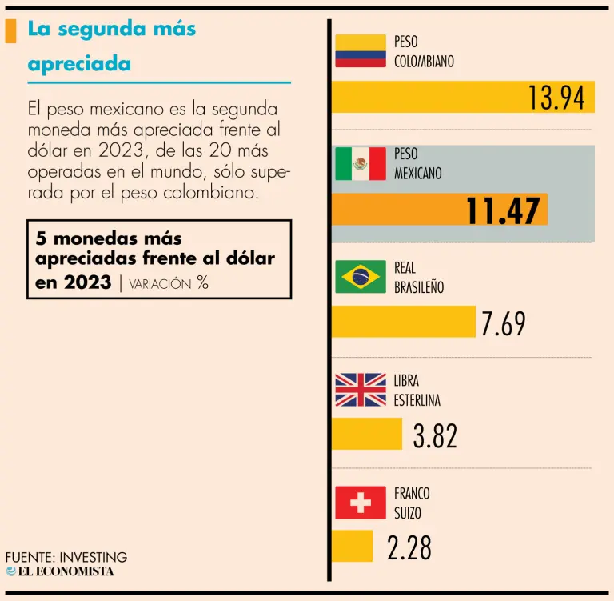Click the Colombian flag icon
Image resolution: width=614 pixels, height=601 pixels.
coord(361,51)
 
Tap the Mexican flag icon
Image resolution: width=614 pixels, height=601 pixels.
coord(361,164)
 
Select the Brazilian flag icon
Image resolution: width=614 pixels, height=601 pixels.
coord(361,277)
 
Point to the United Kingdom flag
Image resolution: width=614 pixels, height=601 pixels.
coord(361,390)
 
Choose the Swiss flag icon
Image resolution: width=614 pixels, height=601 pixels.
coord(361,503)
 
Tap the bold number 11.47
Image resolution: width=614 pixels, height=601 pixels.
coord(503,211)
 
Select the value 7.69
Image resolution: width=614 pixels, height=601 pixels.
coord(503,323)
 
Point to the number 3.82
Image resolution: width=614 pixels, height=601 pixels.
coord(435,436)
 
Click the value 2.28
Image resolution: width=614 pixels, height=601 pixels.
coord(409,548)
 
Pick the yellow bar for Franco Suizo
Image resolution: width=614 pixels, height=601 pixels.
coord(352,546)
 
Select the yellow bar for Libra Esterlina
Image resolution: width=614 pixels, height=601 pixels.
coord(366,434)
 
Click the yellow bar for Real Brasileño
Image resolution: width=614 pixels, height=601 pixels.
coord(403,321)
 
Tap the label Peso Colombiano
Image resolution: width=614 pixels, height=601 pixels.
coord(424,51)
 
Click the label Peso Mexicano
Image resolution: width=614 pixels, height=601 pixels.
coord(417,163)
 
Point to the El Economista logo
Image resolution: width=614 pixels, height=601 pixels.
coord(60,571)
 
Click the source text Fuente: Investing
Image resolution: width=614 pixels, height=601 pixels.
coord(66,557)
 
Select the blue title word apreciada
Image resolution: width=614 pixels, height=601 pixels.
coord(79,63)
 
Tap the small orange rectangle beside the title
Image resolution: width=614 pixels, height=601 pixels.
coord(10,30)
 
